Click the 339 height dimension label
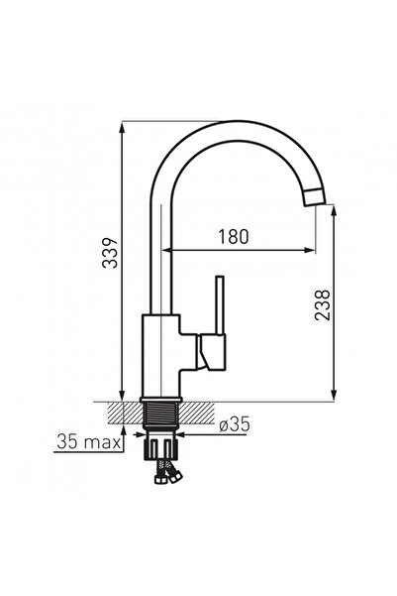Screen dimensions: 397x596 [x=111, y=254]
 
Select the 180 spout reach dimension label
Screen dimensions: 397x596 [x=234, y=236]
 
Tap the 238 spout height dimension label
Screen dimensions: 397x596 [x=323, y=305]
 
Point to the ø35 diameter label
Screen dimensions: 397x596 [x=235, y=424]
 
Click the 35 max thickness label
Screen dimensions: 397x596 [x=89, y=442]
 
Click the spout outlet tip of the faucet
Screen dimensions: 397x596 [x=316, y=197]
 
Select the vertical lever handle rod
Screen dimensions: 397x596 [x=220, y=305]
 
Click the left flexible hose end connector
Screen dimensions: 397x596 [x=159, y=479]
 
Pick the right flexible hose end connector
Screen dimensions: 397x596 [x=175, y=477]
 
